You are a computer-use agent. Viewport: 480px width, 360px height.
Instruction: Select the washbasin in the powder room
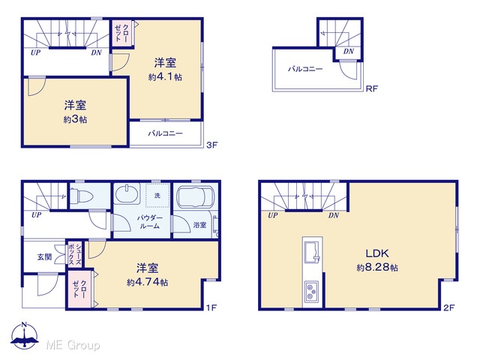pos(127,193)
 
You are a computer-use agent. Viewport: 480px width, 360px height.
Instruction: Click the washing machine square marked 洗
pos(157,195)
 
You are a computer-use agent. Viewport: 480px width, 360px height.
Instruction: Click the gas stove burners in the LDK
pos(313,292)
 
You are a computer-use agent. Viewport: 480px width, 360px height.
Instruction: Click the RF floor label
pos(372,88)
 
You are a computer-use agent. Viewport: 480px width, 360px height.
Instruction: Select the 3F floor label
pos(211,145)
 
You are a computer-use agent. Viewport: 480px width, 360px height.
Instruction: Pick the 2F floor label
pos(449,307)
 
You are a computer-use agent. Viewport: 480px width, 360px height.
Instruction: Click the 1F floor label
pos(211,307)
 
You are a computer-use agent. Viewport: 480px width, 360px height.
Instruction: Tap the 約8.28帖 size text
pos(377,268)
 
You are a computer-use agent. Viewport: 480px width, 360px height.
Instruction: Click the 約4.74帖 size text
pos(147,282)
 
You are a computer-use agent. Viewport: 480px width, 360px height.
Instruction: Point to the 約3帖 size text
pos(75,119)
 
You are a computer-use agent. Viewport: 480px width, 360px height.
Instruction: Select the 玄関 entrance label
pos(44,256)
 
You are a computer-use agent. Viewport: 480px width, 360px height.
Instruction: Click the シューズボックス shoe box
pos(75,254)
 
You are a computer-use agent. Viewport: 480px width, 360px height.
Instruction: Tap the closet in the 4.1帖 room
pos(122,33)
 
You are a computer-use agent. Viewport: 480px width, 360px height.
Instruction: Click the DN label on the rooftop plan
pos(348,52)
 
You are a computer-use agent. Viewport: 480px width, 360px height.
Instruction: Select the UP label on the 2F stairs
pos(273,215)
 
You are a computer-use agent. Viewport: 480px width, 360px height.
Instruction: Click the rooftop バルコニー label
pos(305,69)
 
